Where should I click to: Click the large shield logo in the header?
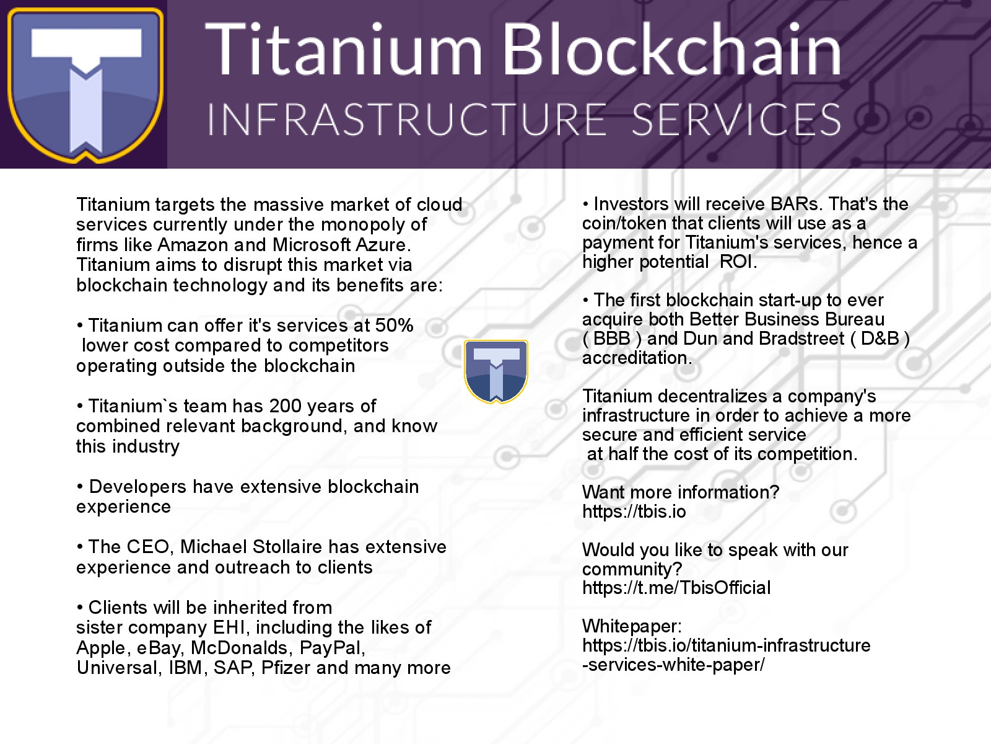coord(85,85)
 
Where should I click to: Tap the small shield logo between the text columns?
coord(495,371)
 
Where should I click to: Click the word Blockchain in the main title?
coord(671,49)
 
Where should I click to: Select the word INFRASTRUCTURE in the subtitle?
coord(407,119)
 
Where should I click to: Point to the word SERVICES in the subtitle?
coord(736,119)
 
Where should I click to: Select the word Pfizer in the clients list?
coord(286,668)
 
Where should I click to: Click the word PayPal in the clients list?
coord(332,648)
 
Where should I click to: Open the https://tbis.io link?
coord(634,511)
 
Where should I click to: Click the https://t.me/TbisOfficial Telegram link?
coord(676,588)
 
